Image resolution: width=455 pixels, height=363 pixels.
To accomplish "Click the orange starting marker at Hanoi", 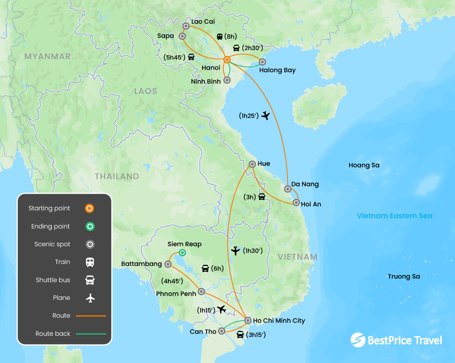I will (x=227, y=60).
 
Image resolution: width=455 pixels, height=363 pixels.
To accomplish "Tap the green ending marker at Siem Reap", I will (x=182, y=253).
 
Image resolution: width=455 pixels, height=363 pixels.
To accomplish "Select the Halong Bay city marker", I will (x=262, y=62).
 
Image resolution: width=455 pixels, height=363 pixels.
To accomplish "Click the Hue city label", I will (x=263, y=164).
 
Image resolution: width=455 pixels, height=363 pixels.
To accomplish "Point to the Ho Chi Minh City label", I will (x=279, y=320).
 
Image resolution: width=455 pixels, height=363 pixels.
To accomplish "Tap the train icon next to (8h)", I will (x=220, y=37).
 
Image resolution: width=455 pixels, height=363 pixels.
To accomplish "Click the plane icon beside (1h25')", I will (x=265, y=116).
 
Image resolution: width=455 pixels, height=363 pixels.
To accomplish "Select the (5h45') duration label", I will (x=174, y=57).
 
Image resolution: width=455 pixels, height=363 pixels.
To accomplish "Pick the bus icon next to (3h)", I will (x=261, y=196).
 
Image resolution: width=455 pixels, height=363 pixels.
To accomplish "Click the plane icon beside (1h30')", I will (x=235, y=251).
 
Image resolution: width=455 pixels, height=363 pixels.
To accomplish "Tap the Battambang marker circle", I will (x=167, y=264).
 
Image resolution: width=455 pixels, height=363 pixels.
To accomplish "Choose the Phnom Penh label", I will (x=176, y=294).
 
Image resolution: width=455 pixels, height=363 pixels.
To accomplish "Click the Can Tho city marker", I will (x=222, y=331).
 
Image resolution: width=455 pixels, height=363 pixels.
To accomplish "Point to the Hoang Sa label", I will (x=364, y=165).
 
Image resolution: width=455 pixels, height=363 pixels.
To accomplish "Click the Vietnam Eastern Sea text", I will (x=395, y=216).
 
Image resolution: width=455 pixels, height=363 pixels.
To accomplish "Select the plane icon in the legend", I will (x=90, y=298).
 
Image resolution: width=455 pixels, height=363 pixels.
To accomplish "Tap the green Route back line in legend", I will (x=90, y=334).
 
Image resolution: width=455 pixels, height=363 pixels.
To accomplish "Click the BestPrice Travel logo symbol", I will (x=358, y=340).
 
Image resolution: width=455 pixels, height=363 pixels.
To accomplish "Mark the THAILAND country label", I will (x=117, y=176).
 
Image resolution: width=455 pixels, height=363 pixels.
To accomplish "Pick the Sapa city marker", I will (x=182, y=36).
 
